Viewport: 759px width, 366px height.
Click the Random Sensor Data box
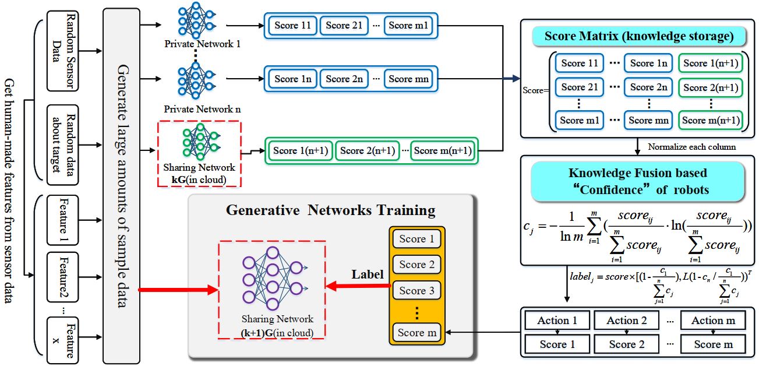coord(63,50)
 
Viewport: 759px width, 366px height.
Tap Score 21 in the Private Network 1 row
coord(345,25)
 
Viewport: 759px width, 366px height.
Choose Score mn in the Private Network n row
coord(408,79)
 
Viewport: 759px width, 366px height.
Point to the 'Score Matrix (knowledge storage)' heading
coord(638,37)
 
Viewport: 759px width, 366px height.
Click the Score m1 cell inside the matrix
coord(580,120)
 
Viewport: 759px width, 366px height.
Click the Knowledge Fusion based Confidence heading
coord(638,181)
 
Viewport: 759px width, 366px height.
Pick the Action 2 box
coord(626,320)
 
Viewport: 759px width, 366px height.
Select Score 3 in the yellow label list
coord(416,290)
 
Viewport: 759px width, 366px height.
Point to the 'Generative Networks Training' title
coord(331,210)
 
